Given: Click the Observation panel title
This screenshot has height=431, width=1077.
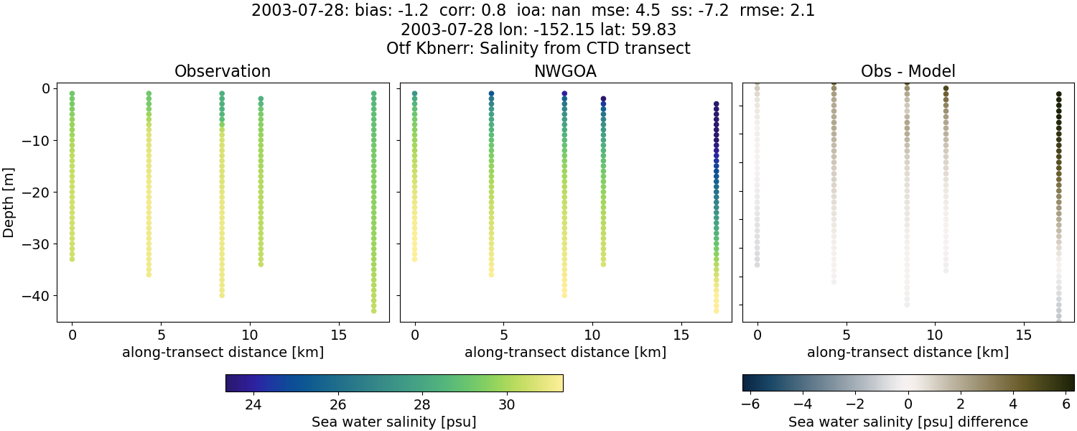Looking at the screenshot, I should click(x=223, y=72).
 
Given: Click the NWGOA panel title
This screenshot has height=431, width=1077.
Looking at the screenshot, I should click(x=565, y=72).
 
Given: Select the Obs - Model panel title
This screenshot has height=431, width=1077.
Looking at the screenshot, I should click(x=908, y=72).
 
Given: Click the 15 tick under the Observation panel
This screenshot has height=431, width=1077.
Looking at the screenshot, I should click(x=338, y=335).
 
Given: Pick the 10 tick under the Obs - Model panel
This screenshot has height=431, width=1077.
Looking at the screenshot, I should click(x=935, y=335).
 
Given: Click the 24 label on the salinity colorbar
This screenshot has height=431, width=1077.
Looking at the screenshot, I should click(x=253, y=404).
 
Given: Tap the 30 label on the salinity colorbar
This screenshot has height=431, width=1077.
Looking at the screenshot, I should click(x=507, y=404).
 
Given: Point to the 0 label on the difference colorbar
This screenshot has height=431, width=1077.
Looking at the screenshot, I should click(x=908, y=404).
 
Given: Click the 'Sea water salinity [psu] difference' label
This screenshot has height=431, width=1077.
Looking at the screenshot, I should click(x=908, y=422).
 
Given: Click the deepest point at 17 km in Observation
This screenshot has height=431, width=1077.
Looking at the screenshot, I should click(x=373, y=310).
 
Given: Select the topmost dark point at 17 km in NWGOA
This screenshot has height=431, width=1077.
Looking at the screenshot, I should click(x=716, y=104).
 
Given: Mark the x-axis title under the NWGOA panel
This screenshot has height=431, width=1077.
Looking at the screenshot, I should click(x=565, y=352).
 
